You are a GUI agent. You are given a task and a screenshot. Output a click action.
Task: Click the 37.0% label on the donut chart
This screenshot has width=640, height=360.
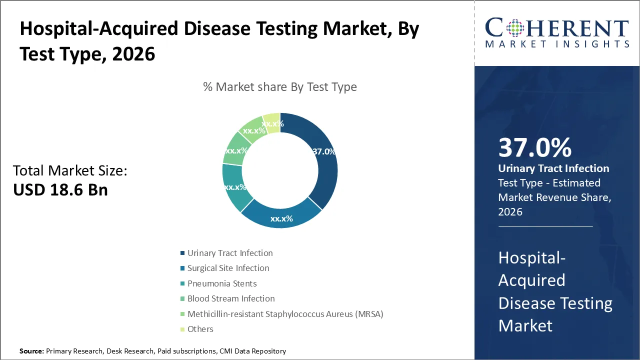pyautogui.click(x=323, y=151)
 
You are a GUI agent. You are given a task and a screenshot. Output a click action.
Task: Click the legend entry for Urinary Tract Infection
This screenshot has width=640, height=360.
pyautogui.click(x=230, y=253)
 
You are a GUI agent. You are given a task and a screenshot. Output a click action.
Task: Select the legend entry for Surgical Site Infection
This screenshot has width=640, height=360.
pyautogui.click(x=228, y=268)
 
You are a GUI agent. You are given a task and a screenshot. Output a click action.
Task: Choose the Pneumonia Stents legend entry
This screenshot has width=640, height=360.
pyautogui.click(x=222, y=283)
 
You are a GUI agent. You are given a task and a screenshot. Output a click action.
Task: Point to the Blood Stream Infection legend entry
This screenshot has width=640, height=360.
pyautogui.click(x=231, y=298)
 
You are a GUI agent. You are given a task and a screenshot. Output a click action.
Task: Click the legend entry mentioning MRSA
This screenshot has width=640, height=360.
pyautogui.click(x=285, y=314)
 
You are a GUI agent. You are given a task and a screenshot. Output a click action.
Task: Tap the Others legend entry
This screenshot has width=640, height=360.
pyautogui.click(x=200, y=329)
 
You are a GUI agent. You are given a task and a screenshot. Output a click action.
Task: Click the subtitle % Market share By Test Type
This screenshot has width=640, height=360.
pyautogui.click(x=280, y=87)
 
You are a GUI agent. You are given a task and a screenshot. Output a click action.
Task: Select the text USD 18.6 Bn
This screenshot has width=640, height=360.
pyautogui.click(x=60, y=189)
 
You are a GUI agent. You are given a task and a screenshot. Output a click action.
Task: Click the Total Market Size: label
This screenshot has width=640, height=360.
pyautogui.click(x=70, y=170)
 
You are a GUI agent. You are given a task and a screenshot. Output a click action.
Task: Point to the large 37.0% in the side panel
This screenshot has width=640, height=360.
pyautogui.click(x=535, y=148)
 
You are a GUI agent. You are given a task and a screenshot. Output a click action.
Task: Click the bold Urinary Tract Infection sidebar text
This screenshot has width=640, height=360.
pyautogui.click(x=553, y=168)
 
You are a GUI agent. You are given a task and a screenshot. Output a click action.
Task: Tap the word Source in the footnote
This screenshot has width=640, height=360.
pyautogui.click(x=31, y=351)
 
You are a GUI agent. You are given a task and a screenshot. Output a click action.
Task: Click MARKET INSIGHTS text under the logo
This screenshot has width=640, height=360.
pyautogui.click(x=557, y=44)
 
